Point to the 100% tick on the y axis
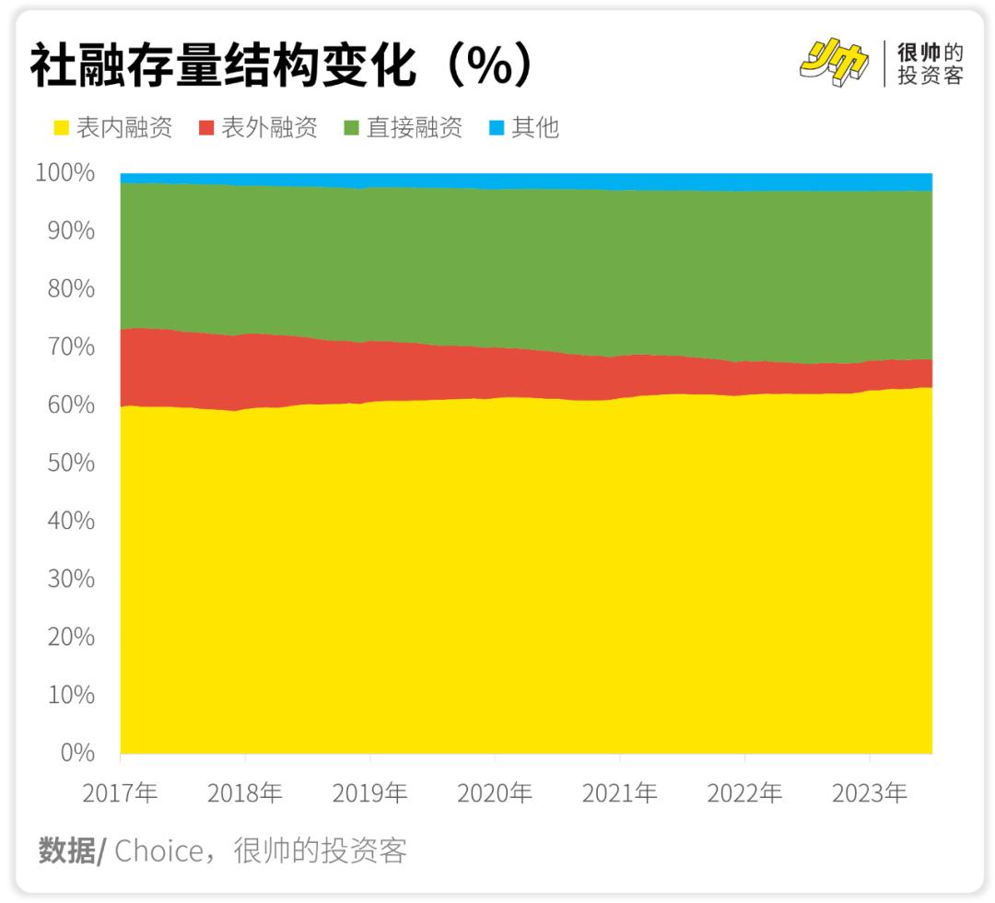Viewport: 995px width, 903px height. tap(65, 172)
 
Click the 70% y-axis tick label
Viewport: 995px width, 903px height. tap(70, 346)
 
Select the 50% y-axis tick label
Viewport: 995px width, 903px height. tap(70, 463)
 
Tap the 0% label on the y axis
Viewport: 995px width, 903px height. tap(77, 753)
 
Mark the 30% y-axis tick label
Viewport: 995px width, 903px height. tap(70, 579)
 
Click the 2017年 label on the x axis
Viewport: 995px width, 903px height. tap(120, 792)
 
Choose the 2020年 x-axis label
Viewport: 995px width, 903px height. tap(495, 792)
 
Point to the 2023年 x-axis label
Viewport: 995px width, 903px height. tap(869, 792)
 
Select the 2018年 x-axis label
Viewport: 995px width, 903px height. tap(245, 792)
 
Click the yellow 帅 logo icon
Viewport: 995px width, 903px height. tap(835, 63)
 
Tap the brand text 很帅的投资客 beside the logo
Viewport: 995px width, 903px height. tap(931, 64)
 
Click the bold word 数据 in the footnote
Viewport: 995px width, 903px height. tap(68, 850)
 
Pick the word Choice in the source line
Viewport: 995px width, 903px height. tap(158, 850)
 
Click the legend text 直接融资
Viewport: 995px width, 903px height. tap(415, 128)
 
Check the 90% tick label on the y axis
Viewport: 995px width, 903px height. tap(70, 230)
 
